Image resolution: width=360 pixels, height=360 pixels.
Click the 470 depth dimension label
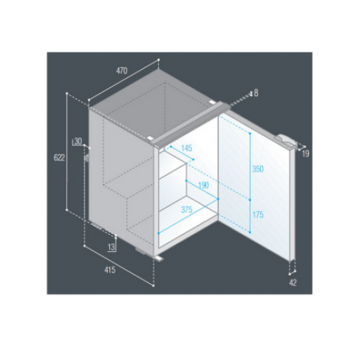tap(121, 70)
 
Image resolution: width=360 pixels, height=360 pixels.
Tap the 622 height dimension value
tap(59, 158)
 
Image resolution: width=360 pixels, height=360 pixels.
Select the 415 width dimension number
tap(110, 270)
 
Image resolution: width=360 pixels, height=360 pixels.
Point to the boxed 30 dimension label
tap(78, 141)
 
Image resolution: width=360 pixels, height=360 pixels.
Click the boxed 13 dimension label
tap(111, 247)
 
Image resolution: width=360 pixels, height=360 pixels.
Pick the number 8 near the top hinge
tap(256, 93)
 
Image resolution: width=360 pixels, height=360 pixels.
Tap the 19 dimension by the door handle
tap(306, 154)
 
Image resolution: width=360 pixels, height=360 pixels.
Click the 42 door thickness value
tap(293, 282)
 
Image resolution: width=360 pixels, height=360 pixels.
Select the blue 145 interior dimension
tap(186, 148)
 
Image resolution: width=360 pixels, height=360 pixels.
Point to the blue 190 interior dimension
tap(203, 185)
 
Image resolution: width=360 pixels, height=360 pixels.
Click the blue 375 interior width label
tap(187, 210)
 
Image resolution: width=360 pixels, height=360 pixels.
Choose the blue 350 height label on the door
tap(258, 169)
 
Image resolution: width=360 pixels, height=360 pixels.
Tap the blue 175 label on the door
tap(258, 215)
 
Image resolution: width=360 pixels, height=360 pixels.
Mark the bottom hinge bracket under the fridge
tap(160, 258)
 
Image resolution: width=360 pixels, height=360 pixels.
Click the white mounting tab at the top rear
tap(211, 102)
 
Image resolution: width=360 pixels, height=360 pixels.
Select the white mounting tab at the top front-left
tap(150, 138)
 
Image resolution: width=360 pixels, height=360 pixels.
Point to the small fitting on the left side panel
tap(88, 158)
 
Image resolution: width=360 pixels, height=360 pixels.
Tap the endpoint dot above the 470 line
tap(158, 60)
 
